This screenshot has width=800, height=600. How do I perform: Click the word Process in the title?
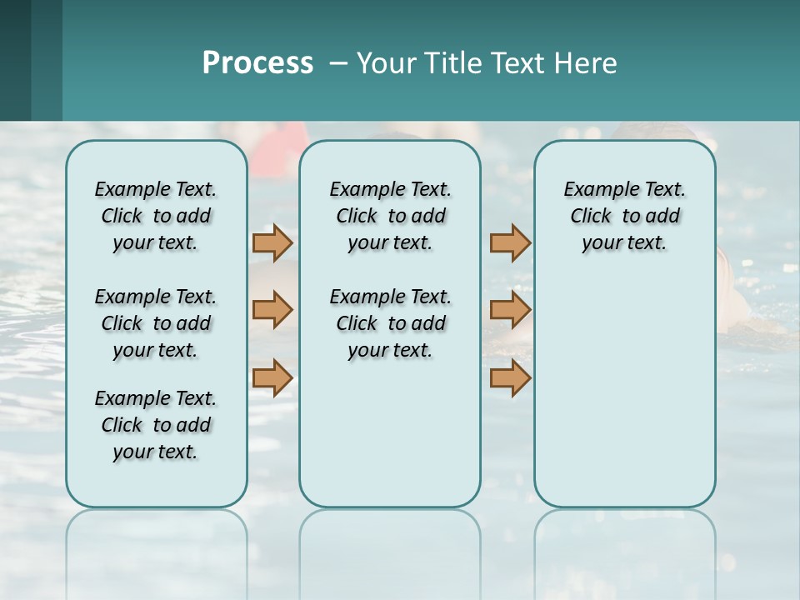[257, 62]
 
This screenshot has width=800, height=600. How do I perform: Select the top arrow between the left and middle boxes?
[272, 242]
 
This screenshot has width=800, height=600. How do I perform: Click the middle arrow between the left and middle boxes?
[272, 309]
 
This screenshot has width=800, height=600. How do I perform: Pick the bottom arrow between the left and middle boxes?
[272, 377]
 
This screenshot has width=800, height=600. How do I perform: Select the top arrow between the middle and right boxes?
[510, 242]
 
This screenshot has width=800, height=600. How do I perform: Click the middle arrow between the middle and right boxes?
[510, 309]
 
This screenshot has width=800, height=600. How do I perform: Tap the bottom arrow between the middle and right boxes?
[510, 377]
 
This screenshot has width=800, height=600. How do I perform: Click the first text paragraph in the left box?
[156, 216]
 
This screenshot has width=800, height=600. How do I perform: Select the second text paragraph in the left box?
[156, 323]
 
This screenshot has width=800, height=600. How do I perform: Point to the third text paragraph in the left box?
[156, 425]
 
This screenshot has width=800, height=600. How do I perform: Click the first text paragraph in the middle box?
[390, 216]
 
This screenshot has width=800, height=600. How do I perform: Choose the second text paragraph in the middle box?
[390, 323]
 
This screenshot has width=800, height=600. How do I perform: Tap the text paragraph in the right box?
[624, 216]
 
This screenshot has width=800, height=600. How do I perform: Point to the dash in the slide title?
[339, 63]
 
